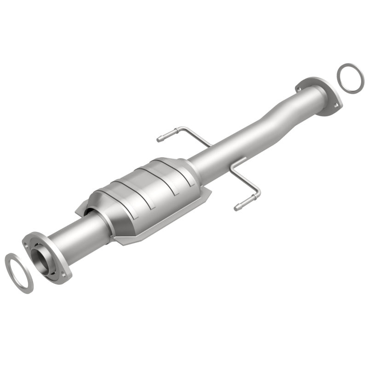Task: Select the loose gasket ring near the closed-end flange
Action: tap(351, 79)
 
